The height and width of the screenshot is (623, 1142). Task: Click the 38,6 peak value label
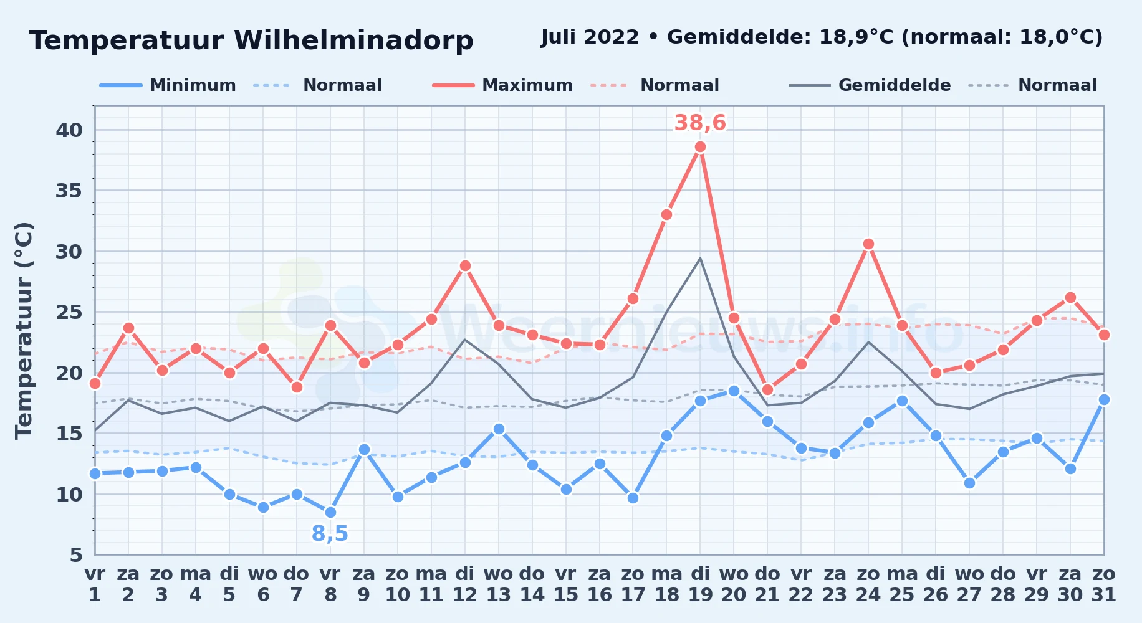[x=700, y=123]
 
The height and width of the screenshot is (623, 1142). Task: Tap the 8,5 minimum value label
[x=330, y=533]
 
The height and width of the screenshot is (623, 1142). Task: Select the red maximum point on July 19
[x=700, y=147]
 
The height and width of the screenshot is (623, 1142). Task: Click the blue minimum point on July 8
[x=330, y=512]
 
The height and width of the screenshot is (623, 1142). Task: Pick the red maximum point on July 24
[x=868, y=244]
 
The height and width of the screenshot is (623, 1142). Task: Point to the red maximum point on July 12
[x=465, y=265]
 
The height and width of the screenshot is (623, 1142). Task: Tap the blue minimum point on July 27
[x=969, y=483]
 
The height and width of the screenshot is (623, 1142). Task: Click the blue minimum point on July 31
[x=1104, y=400]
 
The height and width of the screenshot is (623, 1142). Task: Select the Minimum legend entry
[x=168, y=85]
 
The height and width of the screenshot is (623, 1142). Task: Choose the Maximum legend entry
[x=502, y=85]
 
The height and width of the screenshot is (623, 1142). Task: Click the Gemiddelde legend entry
[x=870, y=85]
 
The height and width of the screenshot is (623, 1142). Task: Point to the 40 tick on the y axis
[x=69, y=130]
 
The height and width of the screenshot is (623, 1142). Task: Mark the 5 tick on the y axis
[x=76, y=554]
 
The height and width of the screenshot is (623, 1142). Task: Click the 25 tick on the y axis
[x=69, y=311]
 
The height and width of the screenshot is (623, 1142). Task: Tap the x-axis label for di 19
[x=700, y=584]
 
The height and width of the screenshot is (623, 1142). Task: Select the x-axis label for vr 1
[x=95, y=584]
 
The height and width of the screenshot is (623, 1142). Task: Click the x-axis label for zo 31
[x=1103, y=584]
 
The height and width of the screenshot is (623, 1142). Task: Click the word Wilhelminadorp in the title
[x=353, y=40]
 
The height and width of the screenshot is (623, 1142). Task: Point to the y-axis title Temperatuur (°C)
[x=24, y=330]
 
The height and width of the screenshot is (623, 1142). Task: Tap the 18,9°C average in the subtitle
[x=856, y=37]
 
